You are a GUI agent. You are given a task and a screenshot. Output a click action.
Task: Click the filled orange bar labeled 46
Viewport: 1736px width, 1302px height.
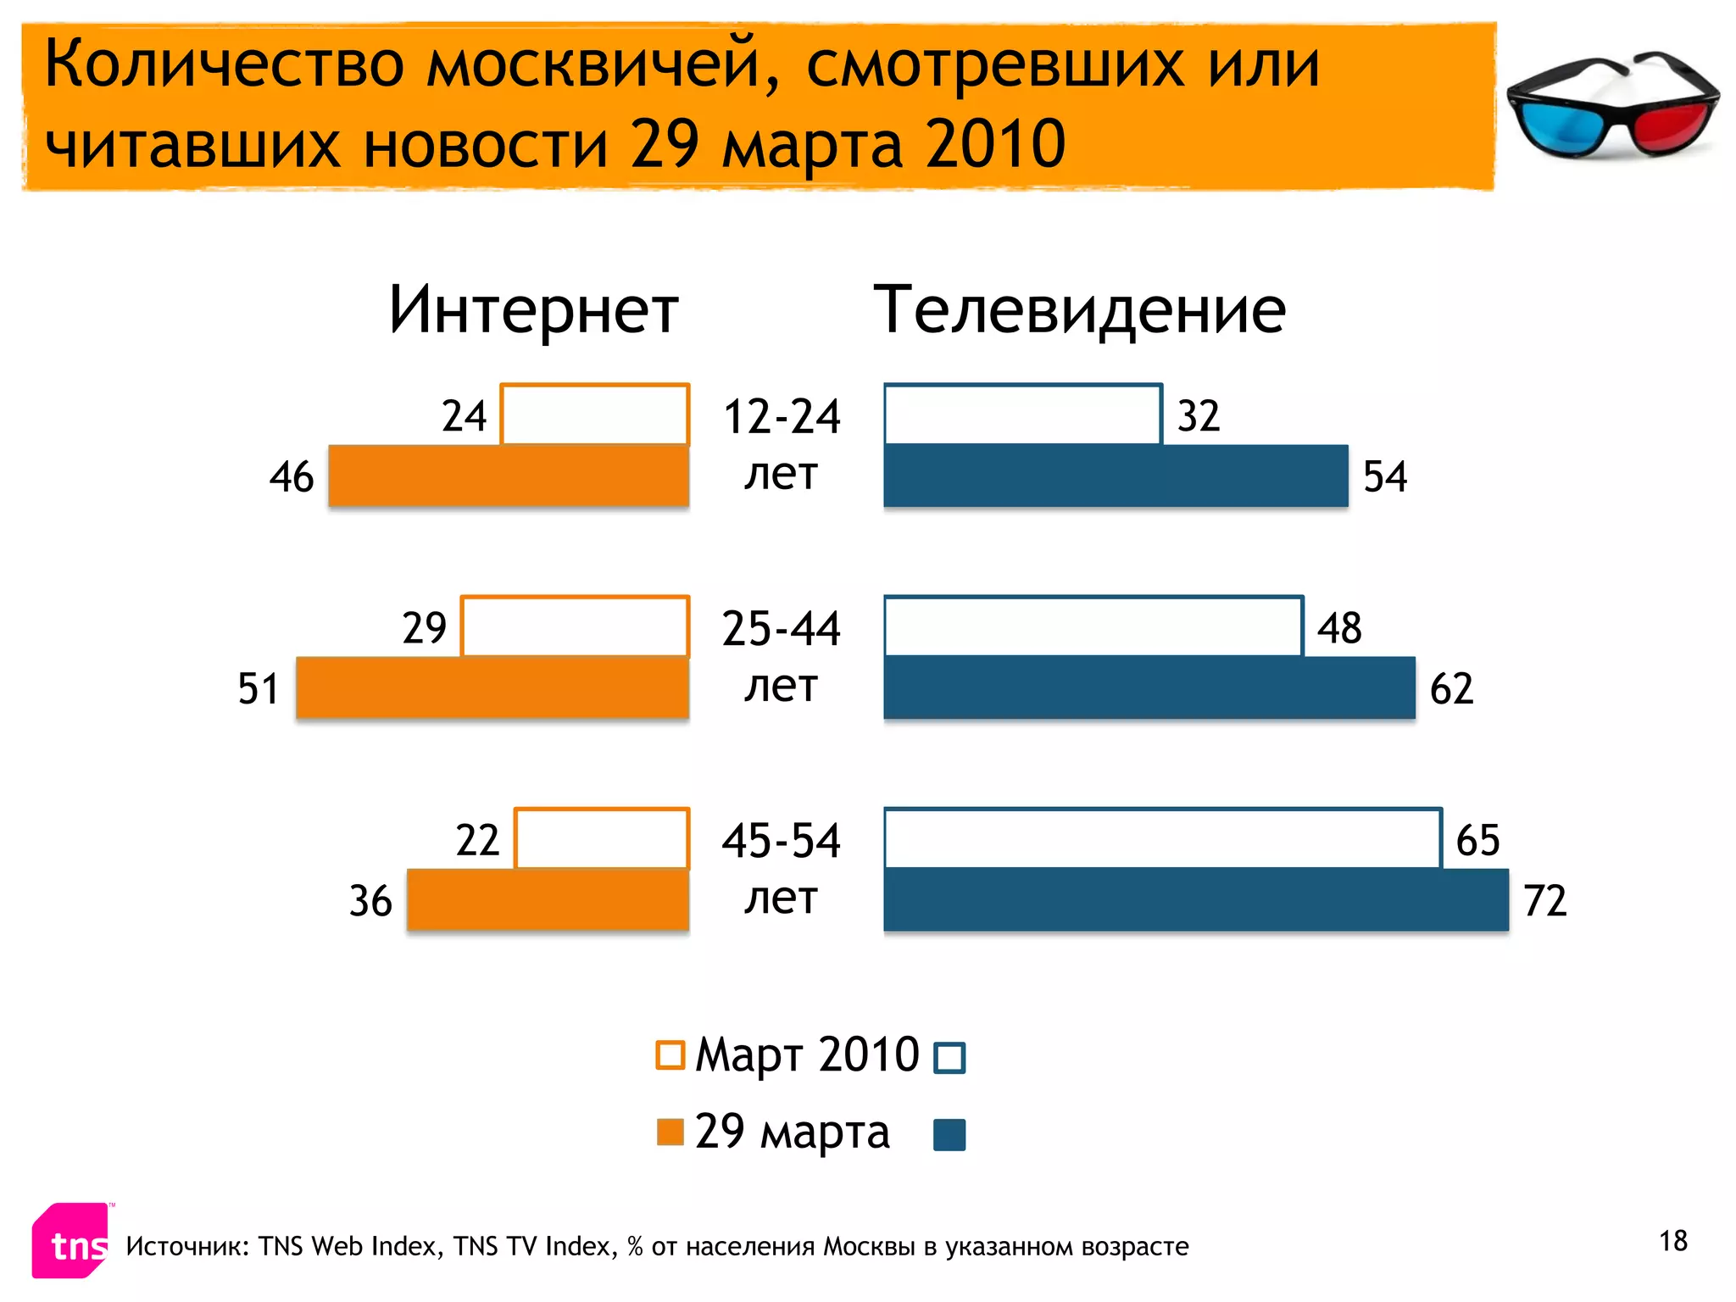click(509, 476)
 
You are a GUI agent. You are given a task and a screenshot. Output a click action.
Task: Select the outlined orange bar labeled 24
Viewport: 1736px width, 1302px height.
click(594, 415)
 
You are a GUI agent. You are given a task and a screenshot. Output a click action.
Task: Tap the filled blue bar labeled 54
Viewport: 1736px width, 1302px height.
click(1116, 476)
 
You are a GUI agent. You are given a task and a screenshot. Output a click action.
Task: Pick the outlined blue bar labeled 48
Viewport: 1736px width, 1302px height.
click(1093, 626)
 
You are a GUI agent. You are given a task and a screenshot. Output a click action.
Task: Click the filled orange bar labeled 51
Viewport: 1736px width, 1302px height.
click(492, 687)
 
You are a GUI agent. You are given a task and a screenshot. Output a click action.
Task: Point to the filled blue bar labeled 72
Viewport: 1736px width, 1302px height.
click(1196, 899)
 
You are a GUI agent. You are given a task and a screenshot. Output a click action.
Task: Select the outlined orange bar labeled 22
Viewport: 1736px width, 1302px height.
click(602, 838)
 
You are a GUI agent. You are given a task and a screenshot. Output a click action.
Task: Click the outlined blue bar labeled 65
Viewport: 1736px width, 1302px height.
click(1162, 838)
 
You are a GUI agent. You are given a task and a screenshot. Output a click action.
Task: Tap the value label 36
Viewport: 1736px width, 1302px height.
click(370, 901)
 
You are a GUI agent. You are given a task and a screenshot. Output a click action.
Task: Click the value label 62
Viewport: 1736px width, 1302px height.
click(1451, 688)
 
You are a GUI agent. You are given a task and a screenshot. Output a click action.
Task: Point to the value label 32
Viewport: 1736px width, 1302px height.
click(1199, 416)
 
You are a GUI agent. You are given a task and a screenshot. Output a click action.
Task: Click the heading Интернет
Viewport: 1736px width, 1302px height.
click(534, 310)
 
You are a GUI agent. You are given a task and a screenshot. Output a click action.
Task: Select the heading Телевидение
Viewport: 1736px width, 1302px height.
click(1079, 310)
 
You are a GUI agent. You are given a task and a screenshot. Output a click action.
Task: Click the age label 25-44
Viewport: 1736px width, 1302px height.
click(782, 629)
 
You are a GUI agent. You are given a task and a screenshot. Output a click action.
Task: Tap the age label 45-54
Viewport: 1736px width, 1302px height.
click(782, 841)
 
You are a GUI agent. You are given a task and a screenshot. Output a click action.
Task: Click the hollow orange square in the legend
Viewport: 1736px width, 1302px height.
click(670, 1055)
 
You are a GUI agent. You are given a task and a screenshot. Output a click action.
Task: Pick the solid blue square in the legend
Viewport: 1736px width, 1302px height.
click(949, 1135)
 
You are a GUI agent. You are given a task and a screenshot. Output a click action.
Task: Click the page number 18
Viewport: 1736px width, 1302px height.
click(1673, 1241)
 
